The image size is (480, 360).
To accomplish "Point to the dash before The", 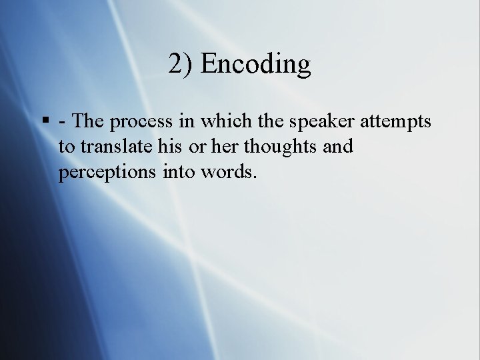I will tap(62, 123).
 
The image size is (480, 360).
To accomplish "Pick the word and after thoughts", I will tap(337, 147).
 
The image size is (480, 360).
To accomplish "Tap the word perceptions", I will tap(107, 173).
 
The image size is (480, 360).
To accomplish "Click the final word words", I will tap(229, 171).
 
